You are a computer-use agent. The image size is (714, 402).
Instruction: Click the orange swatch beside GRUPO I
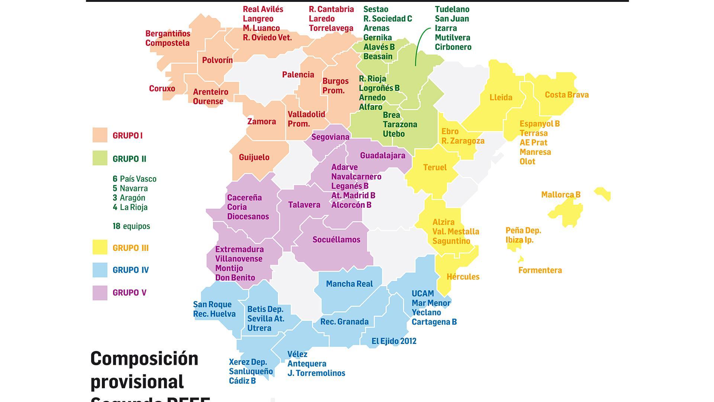tap(100, 135)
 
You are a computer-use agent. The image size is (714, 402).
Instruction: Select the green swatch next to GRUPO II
tap(100, 158)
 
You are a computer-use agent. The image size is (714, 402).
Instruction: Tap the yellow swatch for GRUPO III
tap(100, 248)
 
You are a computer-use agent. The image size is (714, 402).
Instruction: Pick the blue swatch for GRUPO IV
tap(100, 270)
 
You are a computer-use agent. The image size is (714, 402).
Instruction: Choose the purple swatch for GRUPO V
tap(100, 293)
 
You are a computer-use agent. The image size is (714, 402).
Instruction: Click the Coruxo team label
tap(162, 89)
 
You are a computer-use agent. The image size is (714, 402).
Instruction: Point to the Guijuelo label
tap(254, 157)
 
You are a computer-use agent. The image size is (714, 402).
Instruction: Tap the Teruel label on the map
tap(435, 167)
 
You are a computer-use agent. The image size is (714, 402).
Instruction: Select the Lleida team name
tap(501, 98)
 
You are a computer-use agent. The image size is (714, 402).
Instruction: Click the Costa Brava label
tap(566, 95)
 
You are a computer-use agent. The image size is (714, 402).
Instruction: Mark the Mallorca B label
tap(560, 195)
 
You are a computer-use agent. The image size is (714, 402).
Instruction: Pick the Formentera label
tap(540, 270)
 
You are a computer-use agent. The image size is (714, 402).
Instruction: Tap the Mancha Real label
tap(349, 284)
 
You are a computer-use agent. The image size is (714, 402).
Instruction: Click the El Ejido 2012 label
tap(394, 341)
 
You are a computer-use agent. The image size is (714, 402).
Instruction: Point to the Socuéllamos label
tap(336, 240)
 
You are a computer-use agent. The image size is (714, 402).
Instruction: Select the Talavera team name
tap(304, 205)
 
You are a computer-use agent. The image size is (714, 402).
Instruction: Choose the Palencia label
tap(298, 75)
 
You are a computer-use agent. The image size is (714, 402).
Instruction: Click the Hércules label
tap(463, 277)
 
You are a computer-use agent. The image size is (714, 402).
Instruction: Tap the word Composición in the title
tap(144, 359)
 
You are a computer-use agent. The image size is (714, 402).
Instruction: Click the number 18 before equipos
tap(116, 226)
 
